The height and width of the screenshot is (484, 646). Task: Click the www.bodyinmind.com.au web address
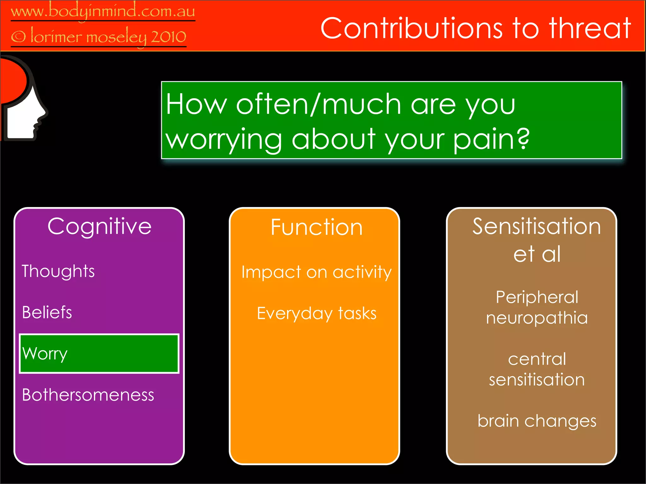click(103, 11)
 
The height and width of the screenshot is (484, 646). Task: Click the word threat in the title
click(590, 28)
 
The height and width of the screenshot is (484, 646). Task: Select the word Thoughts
click(58, 271)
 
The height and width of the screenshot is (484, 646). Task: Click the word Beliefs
click(47, 312)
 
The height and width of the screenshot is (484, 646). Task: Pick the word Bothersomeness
click(88, 395)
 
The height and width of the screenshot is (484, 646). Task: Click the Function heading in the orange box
click(316, 227)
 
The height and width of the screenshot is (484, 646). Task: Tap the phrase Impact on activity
click(316, 272)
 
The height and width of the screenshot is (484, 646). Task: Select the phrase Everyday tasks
click(316, 313)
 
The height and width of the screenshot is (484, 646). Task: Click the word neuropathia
click(537, 318)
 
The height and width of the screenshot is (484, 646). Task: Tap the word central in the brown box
click(537, 359)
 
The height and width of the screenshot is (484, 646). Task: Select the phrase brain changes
click(537, 421)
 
